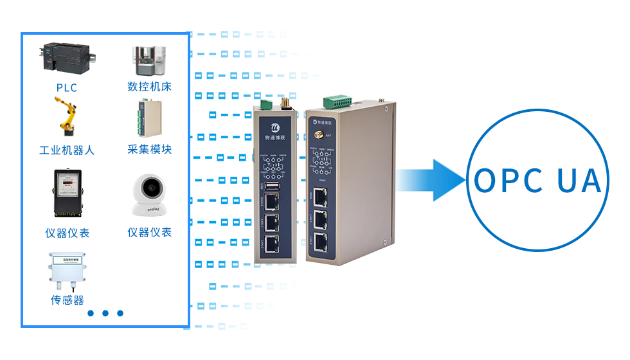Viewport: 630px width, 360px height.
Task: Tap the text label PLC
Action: pos(67,87)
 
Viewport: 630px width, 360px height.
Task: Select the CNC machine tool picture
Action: pos(148,60)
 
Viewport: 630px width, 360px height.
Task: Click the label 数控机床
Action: pos(149,87)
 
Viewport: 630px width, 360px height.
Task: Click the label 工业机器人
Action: pos(67,150)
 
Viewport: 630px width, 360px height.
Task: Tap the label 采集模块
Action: pos(149,150)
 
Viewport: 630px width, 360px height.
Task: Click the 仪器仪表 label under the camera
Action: pos(149,232)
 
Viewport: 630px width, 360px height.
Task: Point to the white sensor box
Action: pos(67,271)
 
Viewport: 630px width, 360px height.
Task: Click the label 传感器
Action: pos(67,300)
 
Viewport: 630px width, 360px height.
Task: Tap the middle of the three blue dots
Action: pos(105,314)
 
